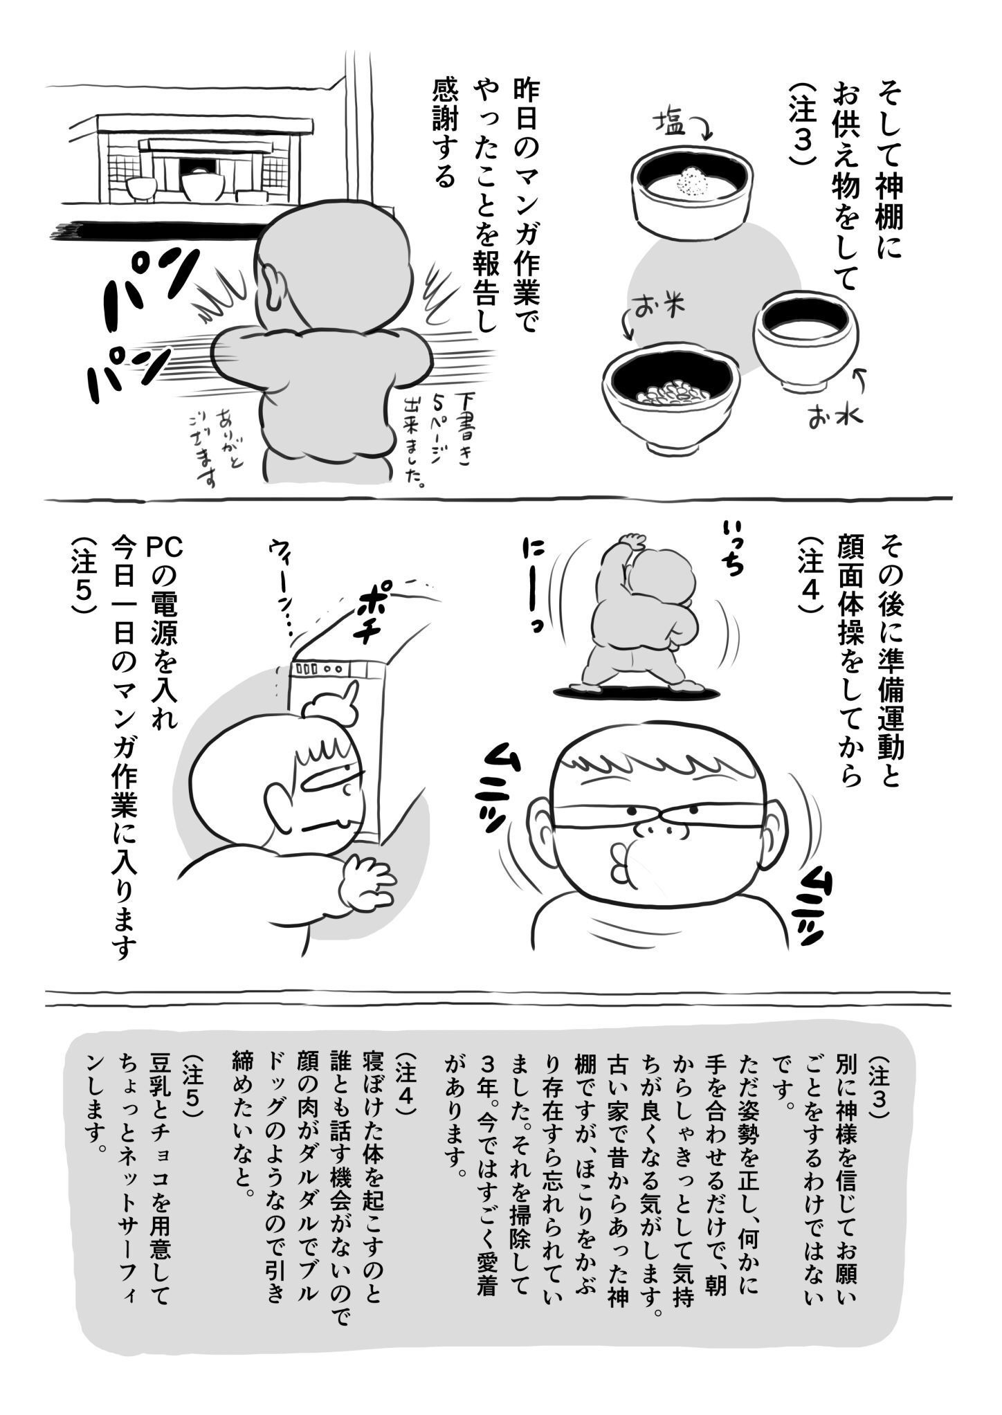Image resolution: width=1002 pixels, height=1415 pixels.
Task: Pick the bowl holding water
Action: coord(805,339)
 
